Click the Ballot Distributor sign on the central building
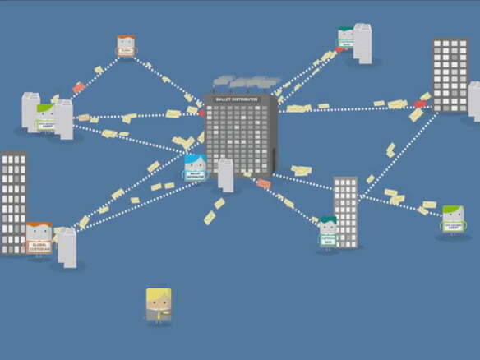tap(236, 99)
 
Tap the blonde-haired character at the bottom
tap(159, 304)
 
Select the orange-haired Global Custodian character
tap(39, 239)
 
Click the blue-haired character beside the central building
tap(195, 168)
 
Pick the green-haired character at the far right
tap(452, 220)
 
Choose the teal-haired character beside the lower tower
tap(328, 231)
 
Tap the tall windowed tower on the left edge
tap(13, 201)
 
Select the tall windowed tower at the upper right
tap(449, 74)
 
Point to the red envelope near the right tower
tap(420, 104)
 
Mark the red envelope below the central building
tap(263, 183)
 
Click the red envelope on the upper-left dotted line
tap(78, 87)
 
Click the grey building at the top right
tap(362, 42)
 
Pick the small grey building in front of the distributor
tap(225, 174)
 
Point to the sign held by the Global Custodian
tap(39, 246)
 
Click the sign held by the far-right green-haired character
tap(453, 226)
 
